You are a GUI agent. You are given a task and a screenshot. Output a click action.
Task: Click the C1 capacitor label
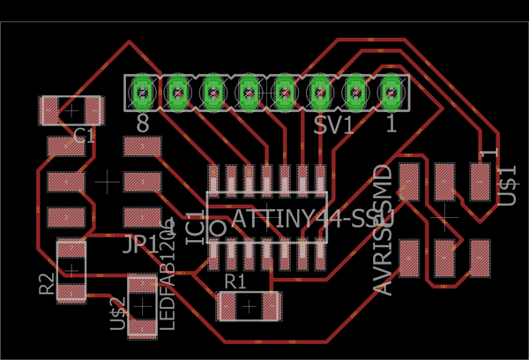pyautogui.click(x=85, y=136)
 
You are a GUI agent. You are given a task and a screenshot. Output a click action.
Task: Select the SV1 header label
pyautogui.click(x=333, y=125)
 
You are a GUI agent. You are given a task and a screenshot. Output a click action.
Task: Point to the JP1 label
pyautogui.click(x=140, y=244)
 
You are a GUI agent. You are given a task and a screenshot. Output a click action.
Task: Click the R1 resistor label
pyautogui.click(x=235, y=281)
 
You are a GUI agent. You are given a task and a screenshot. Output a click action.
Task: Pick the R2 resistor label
pyautogui.click(x=47, y=284)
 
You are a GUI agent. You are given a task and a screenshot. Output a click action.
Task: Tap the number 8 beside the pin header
pyautogui.click(x=143, y=124)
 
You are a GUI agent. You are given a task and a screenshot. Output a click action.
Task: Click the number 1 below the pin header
pyautogui.click(x=391, y=124)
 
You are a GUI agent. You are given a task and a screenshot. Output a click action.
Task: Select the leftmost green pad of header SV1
pyautogui.click(x=142, y=91)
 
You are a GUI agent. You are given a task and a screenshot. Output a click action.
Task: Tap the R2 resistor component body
pyautogui.click(x=71, y=270)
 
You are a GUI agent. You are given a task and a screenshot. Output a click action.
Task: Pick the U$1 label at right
pyautogui.click(x=505, y=180)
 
